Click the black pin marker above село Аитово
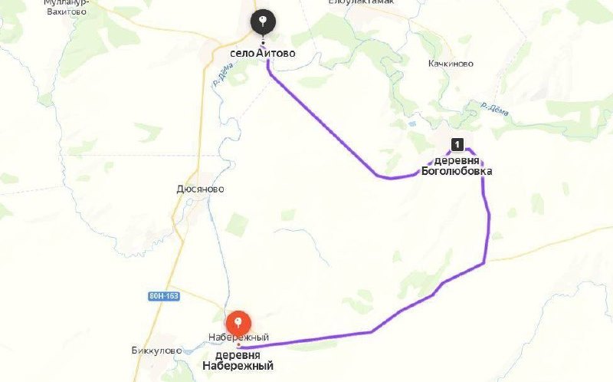click(x=264, y=21)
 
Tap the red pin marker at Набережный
click(x=238, y=321)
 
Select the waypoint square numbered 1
click(x=457, y=143)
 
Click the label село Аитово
click(x=262, y=54)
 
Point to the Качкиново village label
click(x=451, y=64)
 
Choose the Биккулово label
click(x=156, y=351)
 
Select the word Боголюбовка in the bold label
click(x=457, y=171)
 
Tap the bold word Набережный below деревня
click(x=238, y=367)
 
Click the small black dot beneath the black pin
click(x=264, y=41)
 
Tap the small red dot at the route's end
click(x=238, y=346)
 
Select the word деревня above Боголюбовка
click(x=457, y=160)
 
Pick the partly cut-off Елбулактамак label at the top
click(x=361, y=3)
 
